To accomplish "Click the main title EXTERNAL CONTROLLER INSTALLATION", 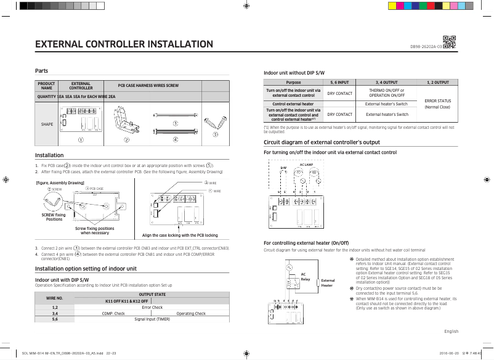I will [124, 44].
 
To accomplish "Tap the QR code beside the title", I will [449, 43].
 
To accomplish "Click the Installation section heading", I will [49, 155].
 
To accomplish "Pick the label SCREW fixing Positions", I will [54, 217].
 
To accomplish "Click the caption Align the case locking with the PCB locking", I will [180, 235].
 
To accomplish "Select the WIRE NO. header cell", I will [55, 298].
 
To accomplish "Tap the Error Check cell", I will [152, 307].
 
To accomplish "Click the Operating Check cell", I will [191, 313].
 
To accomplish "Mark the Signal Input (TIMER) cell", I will [152, 319].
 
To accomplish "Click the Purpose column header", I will [293, 82].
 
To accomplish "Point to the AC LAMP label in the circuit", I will [306, 165].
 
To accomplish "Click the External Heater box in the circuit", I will [327, 283].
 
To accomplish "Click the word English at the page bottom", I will [451, 331].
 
